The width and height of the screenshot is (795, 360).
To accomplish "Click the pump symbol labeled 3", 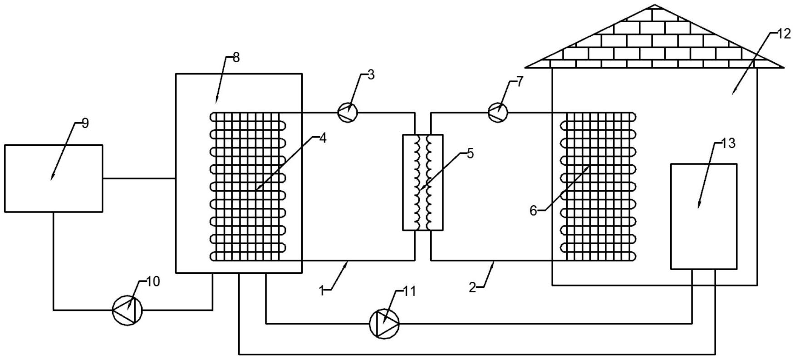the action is [348, 112].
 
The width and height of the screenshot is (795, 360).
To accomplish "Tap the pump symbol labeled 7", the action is [497, 112].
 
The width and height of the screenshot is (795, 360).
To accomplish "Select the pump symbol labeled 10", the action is [128, 310].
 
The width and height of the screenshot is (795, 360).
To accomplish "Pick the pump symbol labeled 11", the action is [384, 324].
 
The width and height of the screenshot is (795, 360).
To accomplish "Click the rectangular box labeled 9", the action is [54, 178].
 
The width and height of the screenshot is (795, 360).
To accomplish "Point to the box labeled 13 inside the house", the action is [704, 217].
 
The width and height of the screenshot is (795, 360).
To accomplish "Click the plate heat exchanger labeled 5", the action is [422, 182].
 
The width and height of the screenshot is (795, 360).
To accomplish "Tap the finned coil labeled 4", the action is [248, 187].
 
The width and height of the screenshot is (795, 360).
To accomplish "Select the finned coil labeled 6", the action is [598, 187].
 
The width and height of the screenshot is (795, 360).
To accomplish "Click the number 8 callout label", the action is [236, 57].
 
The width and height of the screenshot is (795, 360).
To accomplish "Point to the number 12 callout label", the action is [784, 34].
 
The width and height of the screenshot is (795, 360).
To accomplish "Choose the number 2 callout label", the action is [472, 288].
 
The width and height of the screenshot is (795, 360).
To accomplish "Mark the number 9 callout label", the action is [86, 123].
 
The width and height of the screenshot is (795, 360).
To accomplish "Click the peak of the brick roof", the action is [654, 5].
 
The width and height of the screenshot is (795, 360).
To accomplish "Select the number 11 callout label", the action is [409, 291].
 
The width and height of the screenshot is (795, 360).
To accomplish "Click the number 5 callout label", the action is [470, 153].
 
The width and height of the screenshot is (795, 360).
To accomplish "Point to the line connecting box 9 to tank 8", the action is [139, 178].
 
